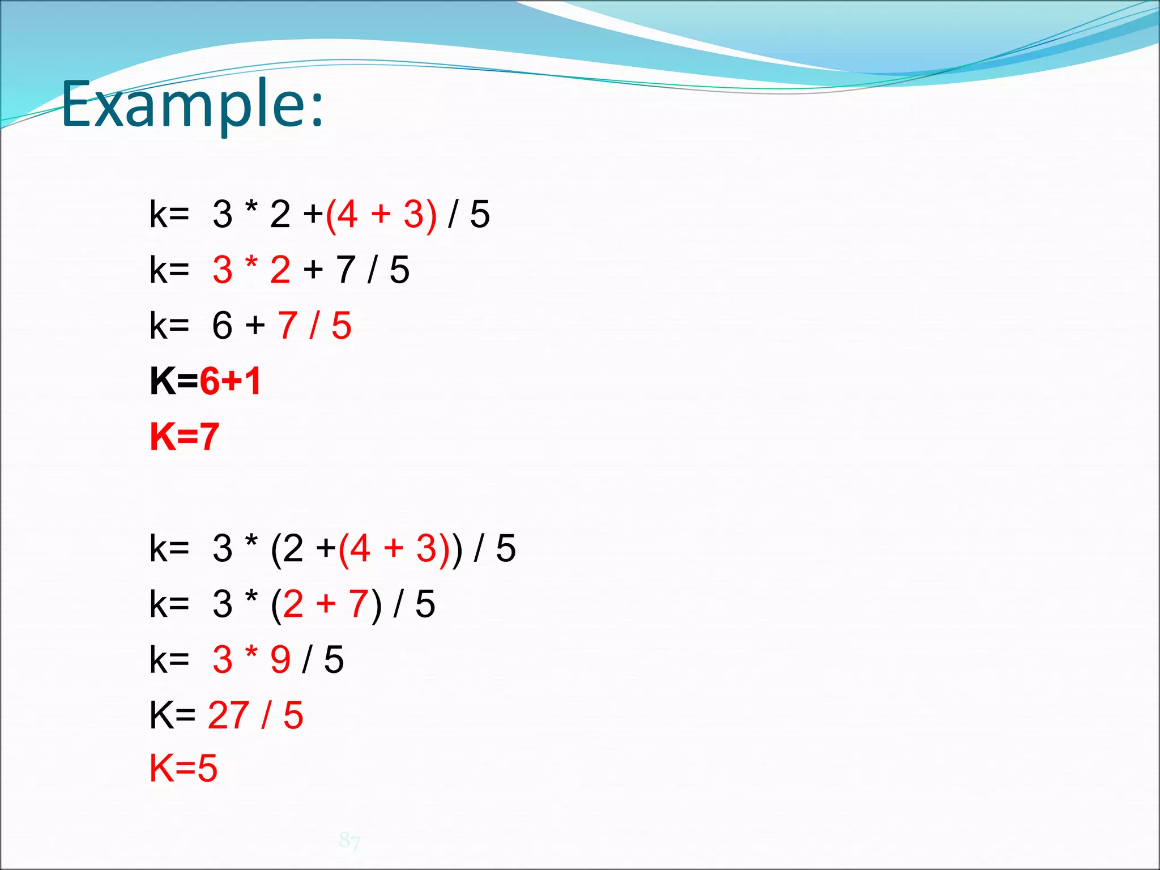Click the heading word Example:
pos(193,105)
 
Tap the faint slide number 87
pos(349,841)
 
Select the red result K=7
pos(184,437)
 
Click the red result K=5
pos(184,769)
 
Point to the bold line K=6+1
pos(205,381)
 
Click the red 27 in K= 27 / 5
pos(228,715)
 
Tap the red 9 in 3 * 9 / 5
pos(280,660)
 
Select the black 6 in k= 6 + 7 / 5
pos(222,326)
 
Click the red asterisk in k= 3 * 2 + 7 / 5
pos(251,265)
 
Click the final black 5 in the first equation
pos(479,215)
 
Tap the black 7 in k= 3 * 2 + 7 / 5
pos(346,270)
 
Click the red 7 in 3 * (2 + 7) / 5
pos(359,604)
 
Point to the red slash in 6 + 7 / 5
pos(313,326)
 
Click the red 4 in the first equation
pos(347,215)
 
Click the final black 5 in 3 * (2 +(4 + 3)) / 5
pos(505,549)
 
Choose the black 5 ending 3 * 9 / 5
pos(334,660)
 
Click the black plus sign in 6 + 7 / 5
pos(255,326)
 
